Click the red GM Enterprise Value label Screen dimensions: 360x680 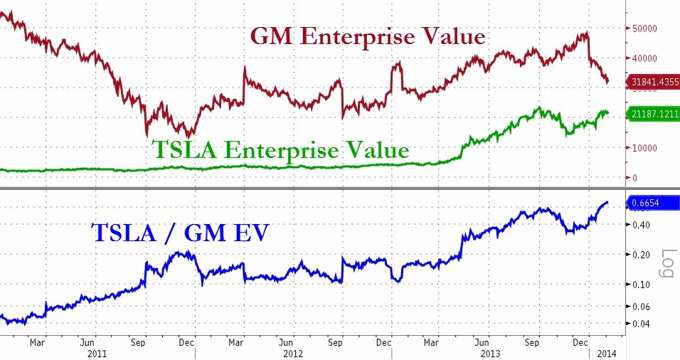[367, 37]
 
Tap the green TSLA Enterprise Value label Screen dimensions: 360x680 [280, 150]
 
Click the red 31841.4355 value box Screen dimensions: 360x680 [653, 82]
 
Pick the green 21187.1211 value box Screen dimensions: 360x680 [653, 112]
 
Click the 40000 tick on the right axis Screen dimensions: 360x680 [644, 58]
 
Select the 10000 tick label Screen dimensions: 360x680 [644, 148]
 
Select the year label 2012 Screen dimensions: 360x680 [292, 353]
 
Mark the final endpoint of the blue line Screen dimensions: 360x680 [607, 203]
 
